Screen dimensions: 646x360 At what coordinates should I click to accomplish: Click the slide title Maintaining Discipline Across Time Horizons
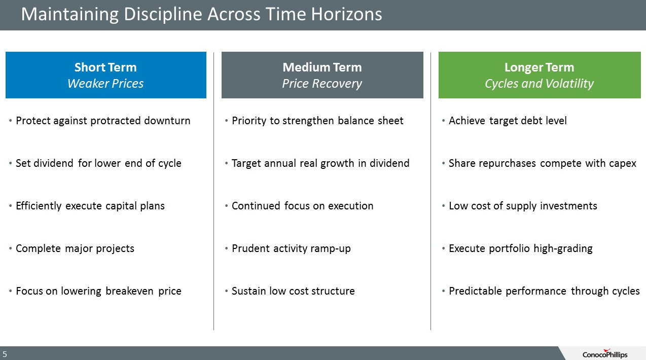click(202, 14)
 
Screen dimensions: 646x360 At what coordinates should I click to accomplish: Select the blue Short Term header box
click(106, 75)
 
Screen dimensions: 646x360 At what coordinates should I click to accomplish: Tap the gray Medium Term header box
click(322, 75)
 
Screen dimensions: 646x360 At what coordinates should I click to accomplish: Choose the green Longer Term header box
click(540, 75)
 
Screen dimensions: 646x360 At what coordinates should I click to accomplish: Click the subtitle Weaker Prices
click(105, 83)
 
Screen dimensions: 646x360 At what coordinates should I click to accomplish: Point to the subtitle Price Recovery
click(322, 84)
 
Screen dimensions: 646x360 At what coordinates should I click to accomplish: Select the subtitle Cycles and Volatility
click(540, 84)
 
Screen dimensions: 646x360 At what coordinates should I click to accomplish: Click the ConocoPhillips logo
click(605, 353)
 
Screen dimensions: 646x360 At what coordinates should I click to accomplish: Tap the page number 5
click(5, 354)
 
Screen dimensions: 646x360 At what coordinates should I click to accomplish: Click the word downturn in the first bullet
click(167, 121)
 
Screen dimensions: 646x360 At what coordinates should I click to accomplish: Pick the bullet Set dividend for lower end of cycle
click(99, 163)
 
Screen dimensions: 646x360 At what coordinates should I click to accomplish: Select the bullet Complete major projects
click(75, 248)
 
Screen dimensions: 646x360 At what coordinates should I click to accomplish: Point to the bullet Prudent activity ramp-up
click(291, 248)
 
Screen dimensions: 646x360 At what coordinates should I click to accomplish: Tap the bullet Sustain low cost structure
click(293, 291)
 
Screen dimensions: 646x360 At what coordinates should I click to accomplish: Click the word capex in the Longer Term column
click(622, 164)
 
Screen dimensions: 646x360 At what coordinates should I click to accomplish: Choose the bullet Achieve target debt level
click(508, 121)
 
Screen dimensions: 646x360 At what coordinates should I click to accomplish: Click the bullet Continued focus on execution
click(303, 206)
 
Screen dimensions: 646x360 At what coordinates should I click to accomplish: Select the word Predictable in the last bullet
click(475, 291)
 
